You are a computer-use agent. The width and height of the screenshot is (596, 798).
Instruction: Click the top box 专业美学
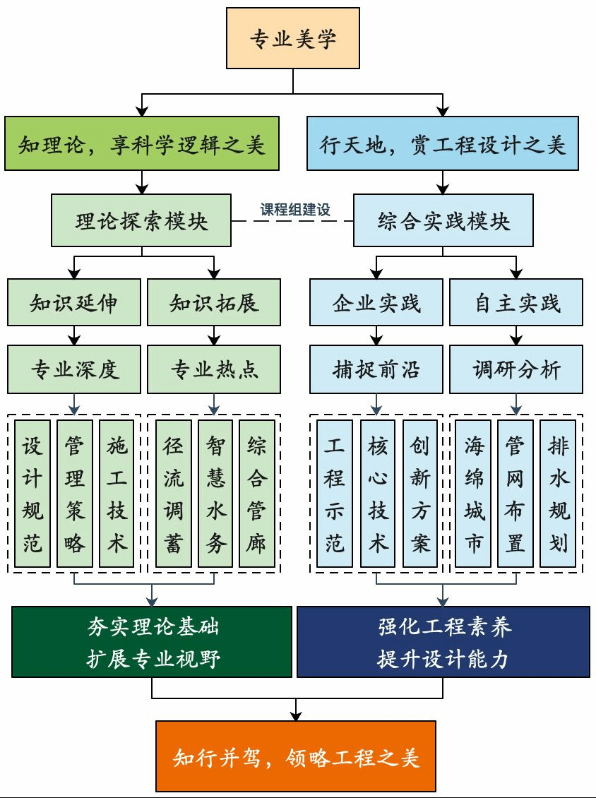(293, 39)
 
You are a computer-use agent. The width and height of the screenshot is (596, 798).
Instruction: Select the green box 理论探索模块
(141, 221)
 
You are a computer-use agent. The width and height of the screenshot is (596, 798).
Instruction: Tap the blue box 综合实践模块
(443, 221)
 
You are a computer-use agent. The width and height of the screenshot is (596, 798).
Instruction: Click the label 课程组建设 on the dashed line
(295, 210)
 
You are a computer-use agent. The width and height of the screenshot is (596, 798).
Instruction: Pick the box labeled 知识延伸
(73, 303)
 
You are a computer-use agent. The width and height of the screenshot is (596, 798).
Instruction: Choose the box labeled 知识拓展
(214, 303)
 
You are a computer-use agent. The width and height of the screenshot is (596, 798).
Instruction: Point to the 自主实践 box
(516, 303)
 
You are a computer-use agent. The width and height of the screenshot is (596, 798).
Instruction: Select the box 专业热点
(214, 369)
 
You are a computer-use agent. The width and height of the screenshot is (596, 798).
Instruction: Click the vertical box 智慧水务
(215, 494)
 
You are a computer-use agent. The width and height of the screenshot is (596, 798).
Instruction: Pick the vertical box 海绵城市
(474, 494)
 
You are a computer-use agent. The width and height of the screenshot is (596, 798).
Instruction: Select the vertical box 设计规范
(32, 494)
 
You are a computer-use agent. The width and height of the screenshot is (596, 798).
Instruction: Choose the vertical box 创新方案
(420, 494)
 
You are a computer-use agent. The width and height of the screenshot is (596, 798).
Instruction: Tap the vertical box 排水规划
(559, 494)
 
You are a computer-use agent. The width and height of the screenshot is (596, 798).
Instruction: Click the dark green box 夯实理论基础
(152, 642)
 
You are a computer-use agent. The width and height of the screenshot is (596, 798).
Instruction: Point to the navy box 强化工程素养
(443, 642)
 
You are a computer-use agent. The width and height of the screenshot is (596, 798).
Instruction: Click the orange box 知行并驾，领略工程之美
(296, 756)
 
